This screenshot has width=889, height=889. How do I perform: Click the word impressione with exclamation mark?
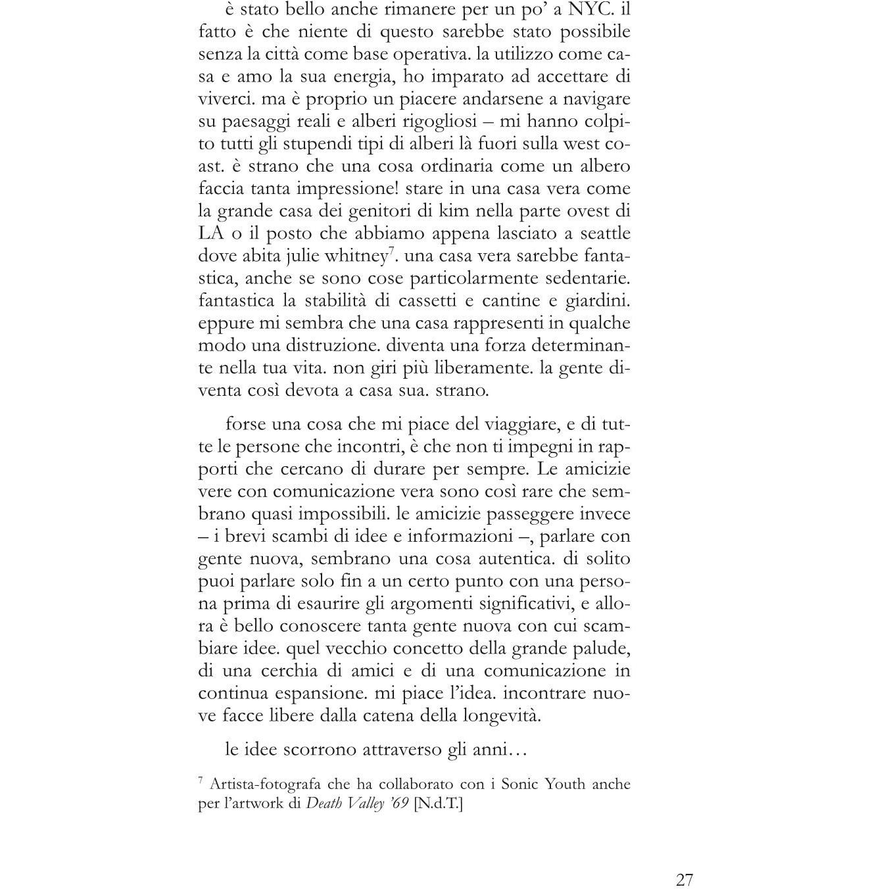348,189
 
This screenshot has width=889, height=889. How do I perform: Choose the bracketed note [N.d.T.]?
439,804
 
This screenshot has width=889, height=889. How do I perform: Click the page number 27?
684,880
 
